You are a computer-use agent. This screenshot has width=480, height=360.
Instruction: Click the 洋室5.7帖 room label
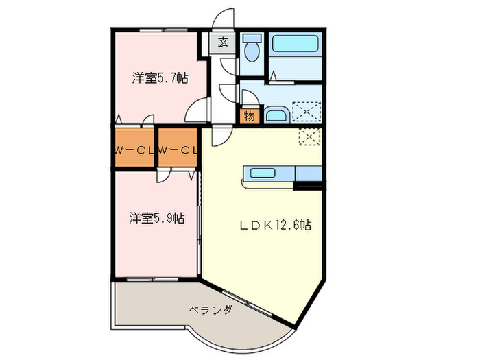click(x=159, y=78)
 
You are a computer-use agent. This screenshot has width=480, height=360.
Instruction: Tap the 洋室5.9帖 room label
click(x=157, y=219)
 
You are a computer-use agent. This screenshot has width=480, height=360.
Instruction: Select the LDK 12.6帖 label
click(x=275, y=225)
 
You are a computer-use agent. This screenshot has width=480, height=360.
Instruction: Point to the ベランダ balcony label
click(x=211, y=310)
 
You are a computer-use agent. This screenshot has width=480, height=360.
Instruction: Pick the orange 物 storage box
click(x=249, y=116)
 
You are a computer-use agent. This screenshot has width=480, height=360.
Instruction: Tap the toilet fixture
click(x=252, y=47)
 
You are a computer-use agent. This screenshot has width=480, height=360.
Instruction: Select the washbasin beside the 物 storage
click(x=276, y=115)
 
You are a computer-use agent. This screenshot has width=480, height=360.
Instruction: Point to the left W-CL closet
click(x=133, y=149)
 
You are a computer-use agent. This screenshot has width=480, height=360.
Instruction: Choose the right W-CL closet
click(x=178, y=149)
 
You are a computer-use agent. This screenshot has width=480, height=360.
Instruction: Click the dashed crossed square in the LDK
click(x=310, y=137)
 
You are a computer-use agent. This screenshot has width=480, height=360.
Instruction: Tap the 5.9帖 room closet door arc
click(x=163, y=176)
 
